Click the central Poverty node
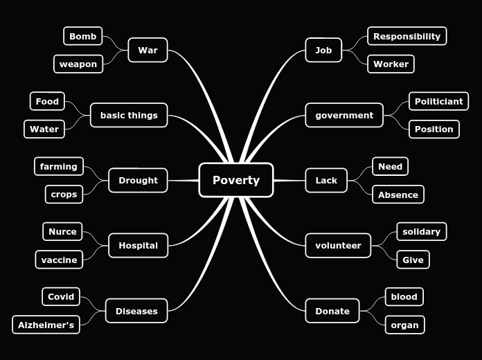click(235, 180)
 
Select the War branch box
click(148, 50)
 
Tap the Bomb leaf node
click(82, 36)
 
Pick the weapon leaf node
click(78, 64)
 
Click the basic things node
click(129, 115)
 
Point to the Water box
click(44, 129)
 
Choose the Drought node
click(138, 180)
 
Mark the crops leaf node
click(64, 194)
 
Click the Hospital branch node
click(138, 245)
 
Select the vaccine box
click(59, 259)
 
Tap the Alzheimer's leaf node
click(46, 325)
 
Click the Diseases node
click(136, 311)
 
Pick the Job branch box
click(323, 50)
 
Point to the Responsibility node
click(407, 36)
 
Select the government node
click(344, 115)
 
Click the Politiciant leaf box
click(438, 101)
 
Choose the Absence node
click(398, 195)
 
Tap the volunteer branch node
click(338, 245)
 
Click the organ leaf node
click(404, 325)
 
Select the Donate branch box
click(332, 311)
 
